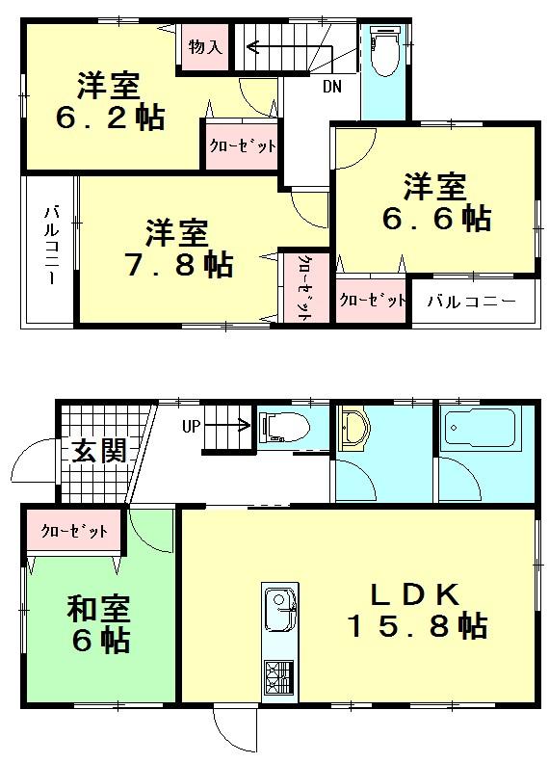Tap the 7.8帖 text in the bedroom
(x=178, y=264)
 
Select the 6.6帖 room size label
(x=434, y=218)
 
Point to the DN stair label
(x=330, y=89)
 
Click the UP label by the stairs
(x=194, y=424)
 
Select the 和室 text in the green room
(x=98, y=609)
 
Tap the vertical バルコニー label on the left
(x=49, y=245)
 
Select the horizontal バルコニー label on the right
(x=471, y=301)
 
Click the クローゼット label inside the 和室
(x=73, y=531)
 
